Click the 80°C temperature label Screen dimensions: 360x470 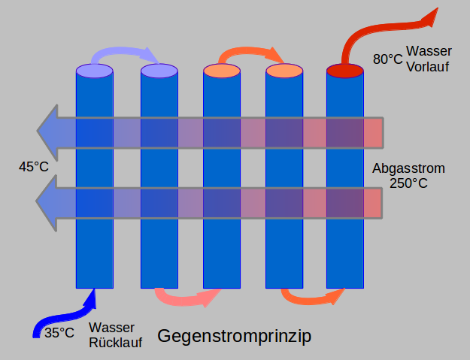(387, 58)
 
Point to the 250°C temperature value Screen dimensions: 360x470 (408, 183)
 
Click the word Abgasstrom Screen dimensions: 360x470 (408, 168)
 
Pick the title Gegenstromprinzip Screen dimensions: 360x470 (234, 336)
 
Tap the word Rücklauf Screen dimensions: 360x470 (115, 343)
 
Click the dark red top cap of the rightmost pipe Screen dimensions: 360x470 (345, 71)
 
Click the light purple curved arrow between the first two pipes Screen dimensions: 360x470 (125, 54)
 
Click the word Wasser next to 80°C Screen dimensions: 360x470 (429, 51)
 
